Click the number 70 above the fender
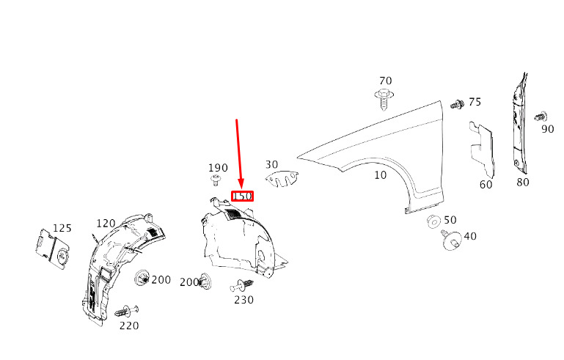pos(386,81)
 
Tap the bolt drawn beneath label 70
pos(384,96)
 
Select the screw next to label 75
pos(456,104)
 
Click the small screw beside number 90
pos(541,116)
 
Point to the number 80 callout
pos(522,182)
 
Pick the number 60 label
pos(486,185)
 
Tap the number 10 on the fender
pos(380,175)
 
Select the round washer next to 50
pos(432,221)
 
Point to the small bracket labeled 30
pos(283,178)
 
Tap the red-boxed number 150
pos(243,196)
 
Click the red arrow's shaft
pos(239,150)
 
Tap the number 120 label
pos(106,224)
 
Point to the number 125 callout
pos(62,229)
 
